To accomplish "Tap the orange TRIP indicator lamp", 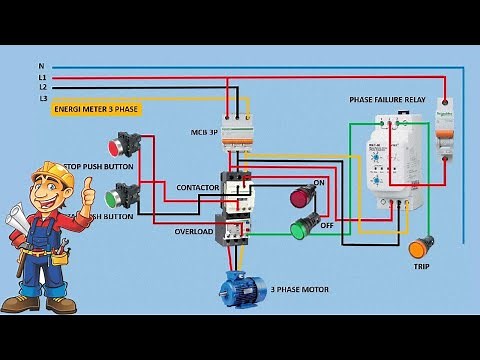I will pos(421,246).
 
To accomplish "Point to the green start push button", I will pos(126,193).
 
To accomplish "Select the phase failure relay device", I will pos(386,160).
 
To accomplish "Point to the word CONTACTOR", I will pos(197,188).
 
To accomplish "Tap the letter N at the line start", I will pos(41,67).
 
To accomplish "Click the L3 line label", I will pos(42,98).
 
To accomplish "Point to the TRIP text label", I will pos(422,267).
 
